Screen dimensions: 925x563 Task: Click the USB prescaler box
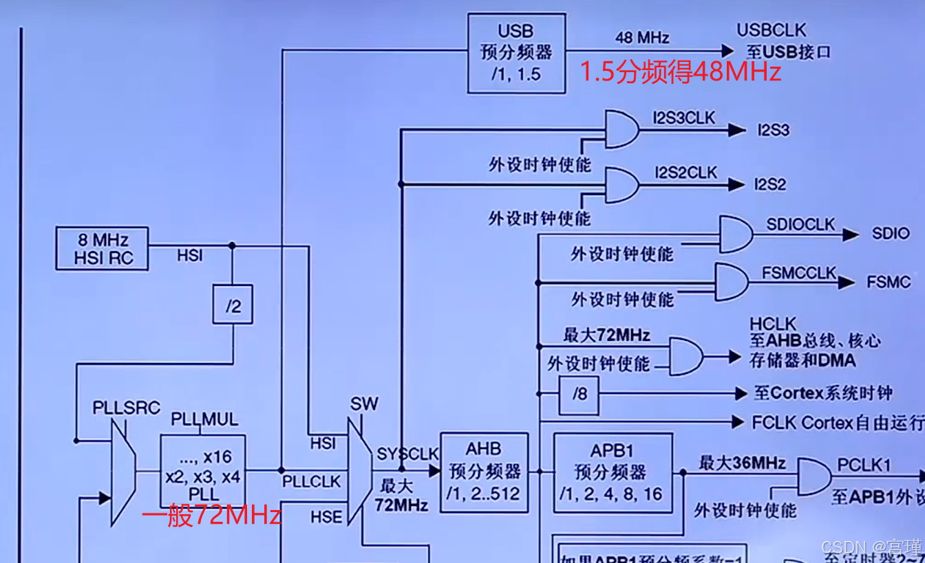coord(516,53)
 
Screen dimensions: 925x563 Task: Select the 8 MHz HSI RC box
coord(103,249)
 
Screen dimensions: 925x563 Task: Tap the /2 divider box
coord(233,305)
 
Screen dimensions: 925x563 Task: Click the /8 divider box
coord(579,395)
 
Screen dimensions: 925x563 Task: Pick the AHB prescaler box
coord(485,472)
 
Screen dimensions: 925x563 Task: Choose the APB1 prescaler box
coord(613,472)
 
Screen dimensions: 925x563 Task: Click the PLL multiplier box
coord(203,471)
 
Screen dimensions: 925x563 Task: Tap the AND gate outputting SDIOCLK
coord(735,234)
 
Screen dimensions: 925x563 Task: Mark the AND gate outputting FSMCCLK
coord(732,283)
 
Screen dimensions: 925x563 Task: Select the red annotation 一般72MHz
coord(212,515)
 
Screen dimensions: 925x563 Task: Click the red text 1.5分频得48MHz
coord(681,72)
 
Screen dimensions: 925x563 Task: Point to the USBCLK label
coord(771,30)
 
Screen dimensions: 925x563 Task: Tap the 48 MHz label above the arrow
coord(642,37)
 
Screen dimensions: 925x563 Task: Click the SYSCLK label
coord(407,454)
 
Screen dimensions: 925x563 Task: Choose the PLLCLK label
coord(311,482)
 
